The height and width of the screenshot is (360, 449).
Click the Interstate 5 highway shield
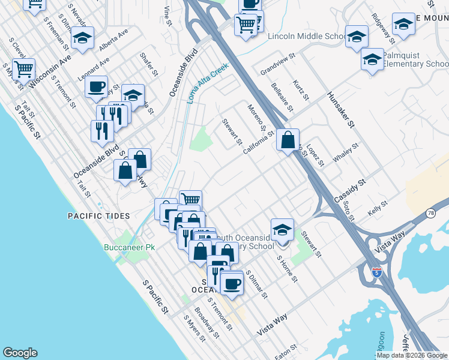point(376,272)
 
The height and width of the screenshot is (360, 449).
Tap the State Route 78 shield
point(431,213)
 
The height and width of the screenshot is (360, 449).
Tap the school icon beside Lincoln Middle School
point(356,37)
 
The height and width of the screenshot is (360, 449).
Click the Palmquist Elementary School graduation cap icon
point(372,60)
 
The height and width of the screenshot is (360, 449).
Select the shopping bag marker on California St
point(288,140)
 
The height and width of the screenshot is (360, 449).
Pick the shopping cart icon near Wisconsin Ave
point(23,69)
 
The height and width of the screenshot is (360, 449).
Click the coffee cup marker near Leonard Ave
point(95,87)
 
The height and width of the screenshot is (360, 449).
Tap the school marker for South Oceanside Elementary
point(282,229)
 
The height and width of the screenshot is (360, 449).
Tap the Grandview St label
point(278,65)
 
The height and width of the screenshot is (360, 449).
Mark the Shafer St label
point(148,64)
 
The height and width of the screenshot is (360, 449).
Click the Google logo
point(20,353)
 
